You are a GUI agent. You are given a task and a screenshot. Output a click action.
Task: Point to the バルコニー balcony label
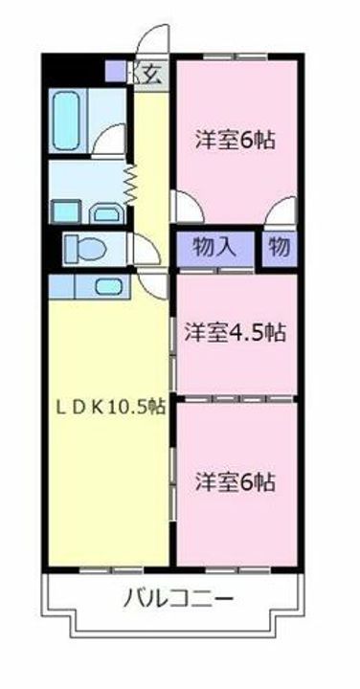179,600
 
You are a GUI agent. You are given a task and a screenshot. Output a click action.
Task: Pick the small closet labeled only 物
278,246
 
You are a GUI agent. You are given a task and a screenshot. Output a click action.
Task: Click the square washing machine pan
64,211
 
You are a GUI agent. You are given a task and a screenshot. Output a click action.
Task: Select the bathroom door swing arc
113,136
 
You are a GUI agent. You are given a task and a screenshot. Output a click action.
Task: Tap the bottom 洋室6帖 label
234,481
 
